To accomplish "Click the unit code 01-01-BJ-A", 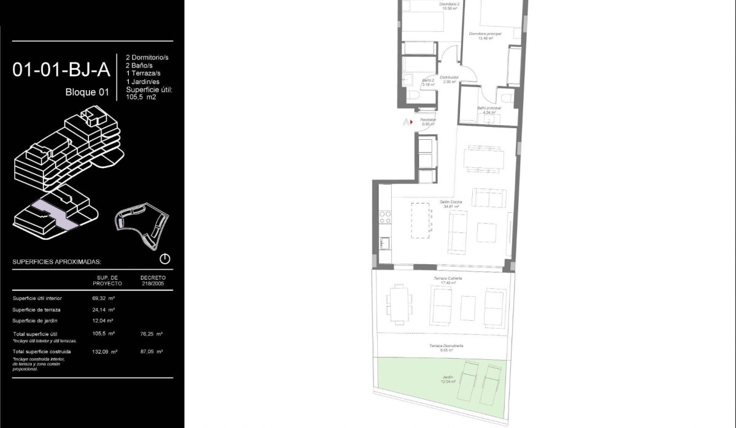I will pos(61,70).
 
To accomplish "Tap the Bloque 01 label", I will pos(87,93).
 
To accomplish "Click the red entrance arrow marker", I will pos(411,122).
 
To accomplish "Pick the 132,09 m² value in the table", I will pos(104,351).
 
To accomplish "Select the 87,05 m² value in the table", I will pos(151,351).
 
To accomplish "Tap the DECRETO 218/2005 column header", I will pos(153,280).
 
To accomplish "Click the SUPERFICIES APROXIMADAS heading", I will pos(56,262).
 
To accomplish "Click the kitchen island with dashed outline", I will pos(421,221).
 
